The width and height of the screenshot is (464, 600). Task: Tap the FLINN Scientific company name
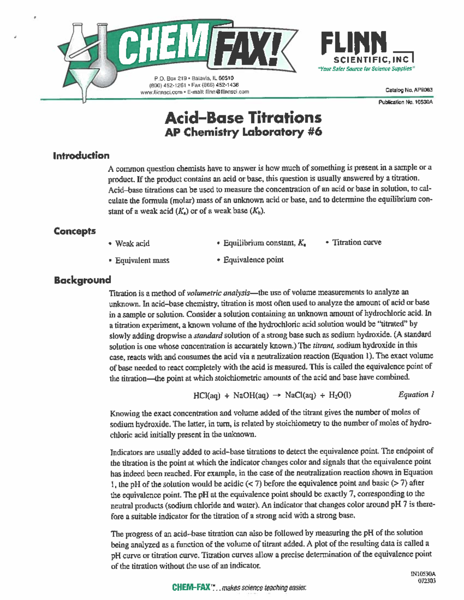pyautogui.click(x=353, y=43)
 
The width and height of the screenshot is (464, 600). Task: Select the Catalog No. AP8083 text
pyautogui.click(x=409, y=90)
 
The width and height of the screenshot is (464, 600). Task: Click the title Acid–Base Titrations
pyautogui.click(x=243, y=117)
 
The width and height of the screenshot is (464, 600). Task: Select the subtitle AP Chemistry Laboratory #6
pyautogui.click(x=243, y=132)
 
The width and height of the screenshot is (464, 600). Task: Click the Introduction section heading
pyautogui.click(x=81, y=156)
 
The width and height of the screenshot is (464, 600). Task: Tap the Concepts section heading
pyautogui.click(x=75, y=231)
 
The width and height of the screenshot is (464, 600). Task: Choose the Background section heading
pyautogui.click(x=82, y=280)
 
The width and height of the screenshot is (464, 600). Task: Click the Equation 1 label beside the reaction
pyautogui.click(x=416, y=394)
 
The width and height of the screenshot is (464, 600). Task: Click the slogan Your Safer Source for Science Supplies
pyautogui.click(x=366, y=69)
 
